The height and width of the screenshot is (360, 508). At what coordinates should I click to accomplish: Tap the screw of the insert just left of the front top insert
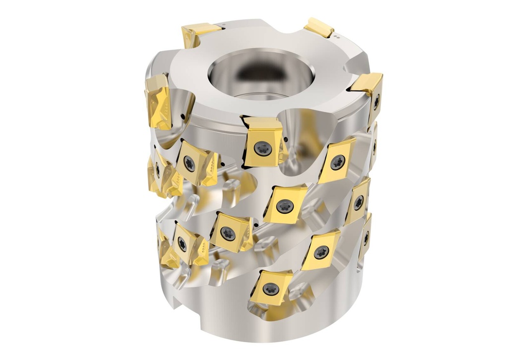pyautogui.click(x=190, y=163)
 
